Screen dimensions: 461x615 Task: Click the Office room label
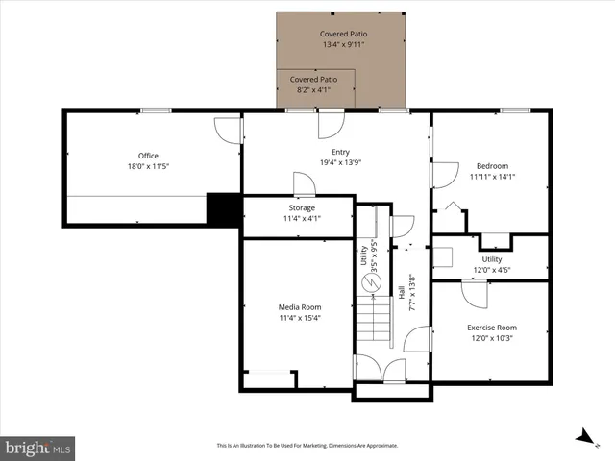pyautogui.click(x=147, y=156)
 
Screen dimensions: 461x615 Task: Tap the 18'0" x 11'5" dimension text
pyautogui.click(x=147, y=167)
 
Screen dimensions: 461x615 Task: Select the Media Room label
pyautogui.click(x=298, y=307)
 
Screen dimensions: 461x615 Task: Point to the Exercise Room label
pyautogui.click(x=491, y=328)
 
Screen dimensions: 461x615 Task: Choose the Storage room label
pyautogui.click(x=302, y=207)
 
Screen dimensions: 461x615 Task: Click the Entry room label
pyautogui.click(x=340, y=152)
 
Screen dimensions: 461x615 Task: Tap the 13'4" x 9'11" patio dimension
pyautogui.click(x=344, y=44)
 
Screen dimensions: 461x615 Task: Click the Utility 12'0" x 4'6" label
pyautogui.click(x=491, y=264)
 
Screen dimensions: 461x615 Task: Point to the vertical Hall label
pyautogui.click(x=401, y=292)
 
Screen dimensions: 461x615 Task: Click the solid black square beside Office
pyautogui.click(x=222, y=208)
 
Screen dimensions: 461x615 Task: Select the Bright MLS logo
pyautogui.click(x=38, y=447)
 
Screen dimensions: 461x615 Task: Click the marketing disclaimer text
pyautogui.click(x=307, y=446)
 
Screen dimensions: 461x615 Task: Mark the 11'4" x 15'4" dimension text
pyautogui.click(x=298, y=318)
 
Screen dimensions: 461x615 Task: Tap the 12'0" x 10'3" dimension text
pyautogui.click(x=491, y=338)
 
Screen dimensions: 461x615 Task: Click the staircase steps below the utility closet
pyautogui.click(x=375, y=322)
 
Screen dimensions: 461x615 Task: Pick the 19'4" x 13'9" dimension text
pyautogui.click(x=340, y=162)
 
